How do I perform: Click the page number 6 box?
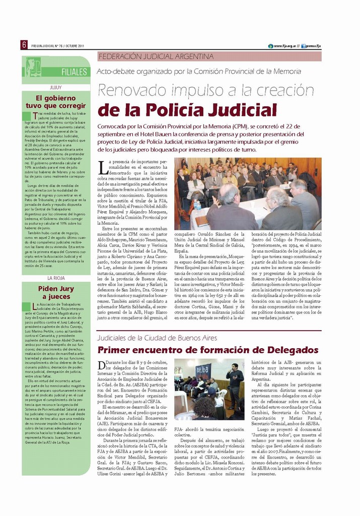(x=24, y=45)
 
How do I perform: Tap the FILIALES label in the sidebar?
(x=74, y=72)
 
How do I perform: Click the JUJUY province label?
(x=55, y=87)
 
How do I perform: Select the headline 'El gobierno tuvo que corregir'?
(x=56, y=102)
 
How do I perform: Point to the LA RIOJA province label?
(x=55, y=278)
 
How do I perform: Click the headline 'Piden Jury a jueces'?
(x=56, y=293)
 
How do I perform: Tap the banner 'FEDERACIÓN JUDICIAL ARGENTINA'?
(x=156, y=56)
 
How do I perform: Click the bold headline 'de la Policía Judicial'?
(x=187, y=110)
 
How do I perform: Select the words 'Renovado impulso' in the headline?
(x=152, y=91)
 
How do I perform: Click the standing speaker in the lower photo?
(x=235, y=388)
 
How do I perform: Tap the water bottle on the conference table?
(x=197, y=205)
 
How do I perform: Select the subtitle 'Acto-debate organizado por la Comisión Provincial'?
(x=198, y=72)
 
